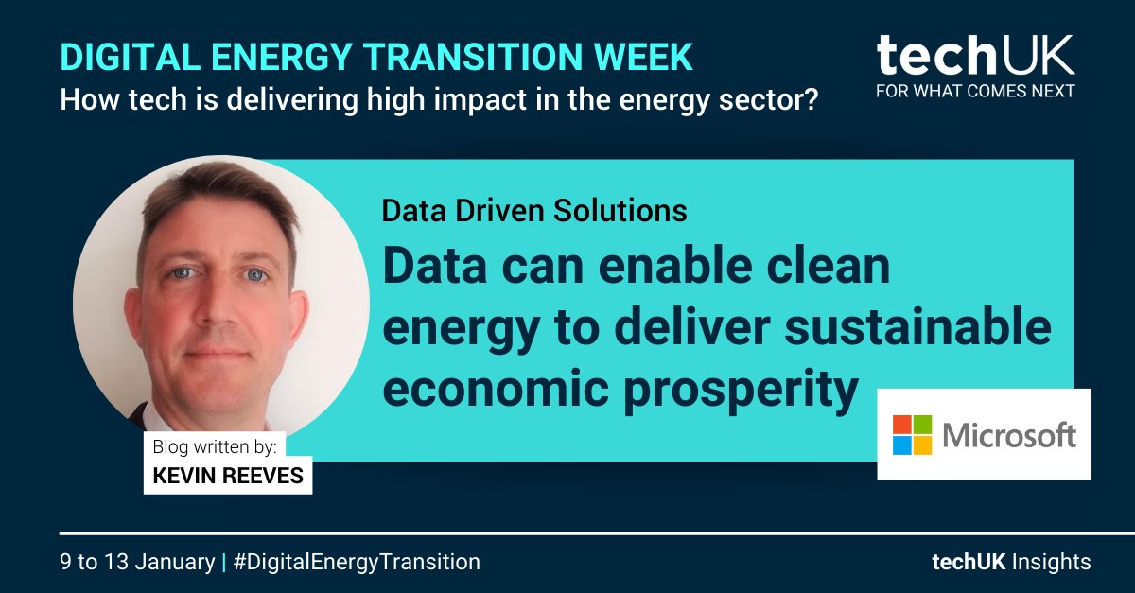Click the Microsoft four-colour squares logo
pos(912,434)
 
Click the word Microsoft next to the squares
pos(1009,435)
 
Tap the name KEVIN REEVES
pos(227,475)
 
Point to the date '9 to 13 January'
pos(137,562)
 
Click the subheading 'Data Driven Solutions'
pos(533,210)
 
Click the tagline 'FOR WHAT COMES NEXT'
pos(974,92)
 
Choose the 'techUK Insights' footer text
pos(1010,562)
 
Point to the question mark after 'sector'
pos(810,98)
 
